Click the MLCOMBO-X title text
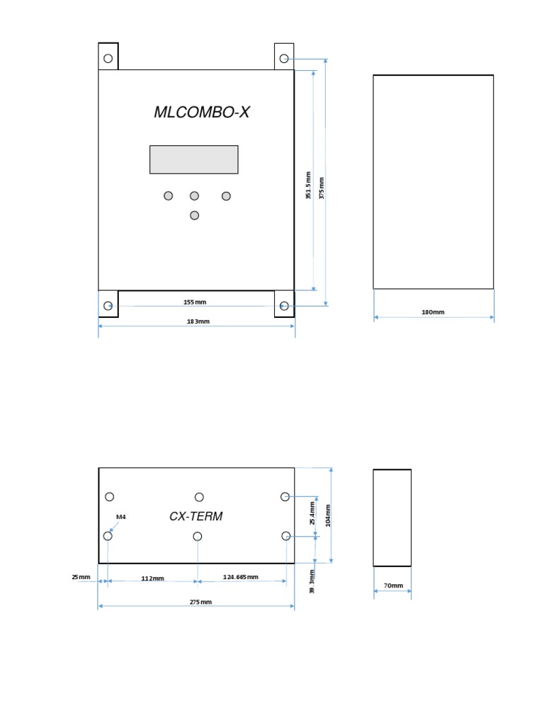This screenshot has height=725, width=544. (202, 112)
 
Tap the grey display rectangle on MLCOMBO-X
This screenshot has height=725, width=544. (193, 159)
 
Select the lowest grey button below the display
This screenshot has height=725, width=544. (194, 215)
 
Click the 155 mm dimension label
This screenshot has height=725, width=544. (195, 302)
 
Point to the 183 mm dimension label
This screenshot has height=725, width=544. (198, 321)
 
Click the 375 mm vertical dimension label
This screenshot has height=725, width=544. (322, 188)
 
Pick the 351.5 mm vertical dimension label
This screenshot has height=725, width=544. (308, 185)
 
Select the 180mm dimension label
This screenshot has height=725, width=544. (433, 312)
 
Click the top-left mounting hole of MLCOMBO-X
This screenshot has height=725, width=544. (108, 58)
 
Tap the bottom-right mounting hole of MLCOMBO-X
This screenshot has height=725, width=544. (284, 306)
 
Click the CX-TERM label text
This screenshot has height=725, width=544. (195, 516)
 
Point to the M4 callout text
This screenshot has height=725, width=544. (121, 518)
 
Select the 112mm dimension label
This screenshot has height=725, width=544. (152, 578)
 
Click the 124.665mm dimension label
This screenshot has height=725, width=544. (241, 577)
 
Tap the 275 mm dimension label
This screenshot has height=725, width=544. (200, 602)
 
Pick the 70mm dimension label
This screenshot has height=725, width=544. (393, 586)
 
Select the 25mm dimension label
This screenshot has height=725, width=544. (81, 577)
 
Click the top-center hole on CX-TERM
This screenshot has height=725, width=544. (199, 497)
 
